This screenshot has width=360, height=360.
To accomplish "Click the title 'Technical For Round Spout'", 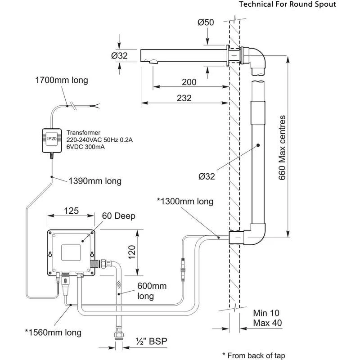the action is (x=288, y=4).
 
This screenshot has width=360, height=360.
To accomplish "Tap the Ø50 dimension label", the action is (x=206, y=22).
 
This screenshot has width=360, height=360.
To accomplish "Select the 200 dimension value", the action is (x=189, y=82).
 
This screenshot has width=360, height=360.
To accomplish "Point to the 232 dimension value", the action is (x=184, y=98).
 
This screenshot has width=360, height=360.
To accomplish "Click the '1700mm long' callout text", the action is (x=62, y=81).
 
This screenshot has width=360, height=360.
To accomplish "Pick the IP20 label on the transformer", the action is (x=52, y=139).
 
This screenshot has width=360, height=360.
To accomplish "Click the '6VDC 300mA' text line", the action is (x=85, y=147).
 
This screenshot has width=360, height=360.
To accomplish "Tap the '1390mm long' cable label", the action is (x=95, y=181).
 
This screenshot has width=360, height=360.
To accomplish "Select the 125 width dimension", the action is (x=71, y=211).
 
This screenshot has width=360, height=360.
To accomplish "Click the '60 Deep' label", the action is (x=118, y=216).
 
